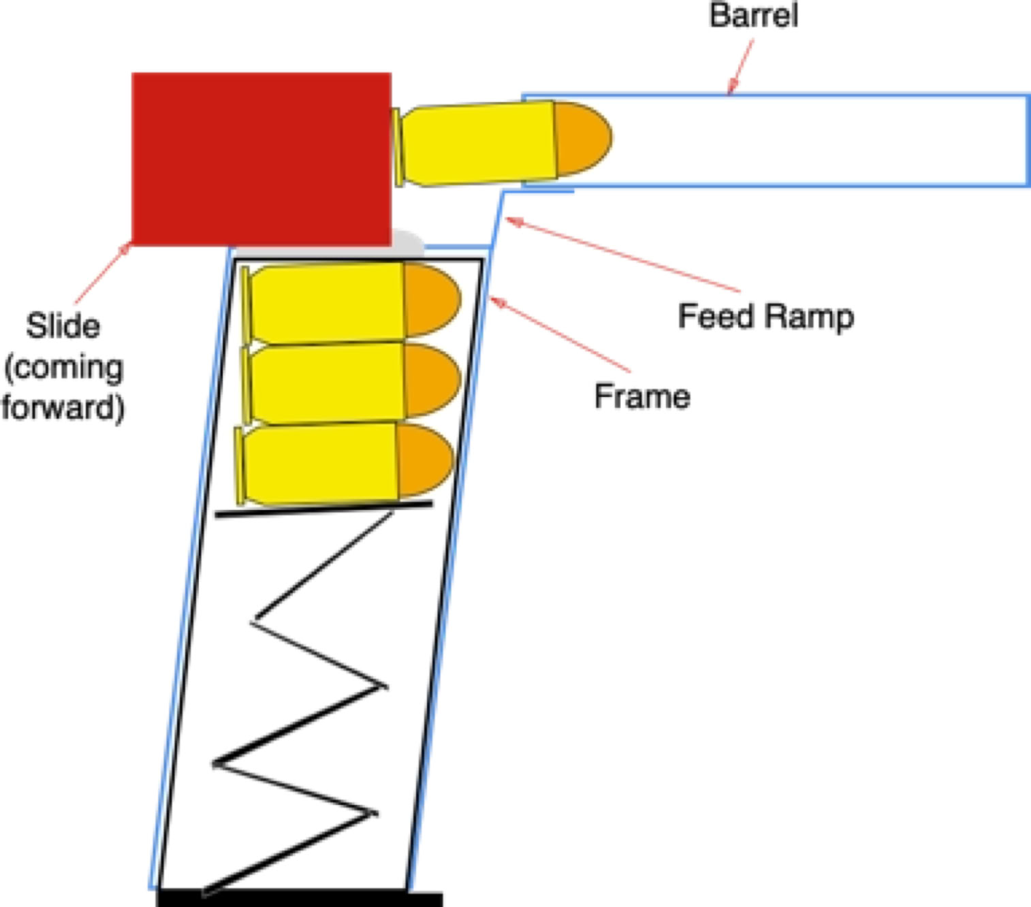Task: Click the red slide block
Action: point(261,159)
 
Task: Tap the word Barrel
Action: point(753,16)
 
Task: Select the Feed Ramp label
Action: point(765,317)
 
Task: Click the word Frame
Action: point(641,396)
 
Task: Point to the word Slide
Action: point(63,325)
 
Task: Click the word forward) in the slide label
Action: point(63,407)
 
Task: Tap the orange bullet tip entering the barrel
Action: point(581,138)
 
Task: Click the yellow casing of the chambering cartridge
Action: point(477,144)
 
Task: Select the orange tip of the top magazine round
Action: point(431,300)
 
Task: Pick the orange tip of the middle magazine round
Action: point(432,380)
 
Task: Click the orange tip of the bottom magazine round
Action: point(425,460)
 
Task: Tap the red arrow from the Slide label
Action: point(102,273)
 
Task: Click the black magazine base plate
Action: point(300,899)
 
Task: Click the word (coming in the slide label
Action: point(64,368)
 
